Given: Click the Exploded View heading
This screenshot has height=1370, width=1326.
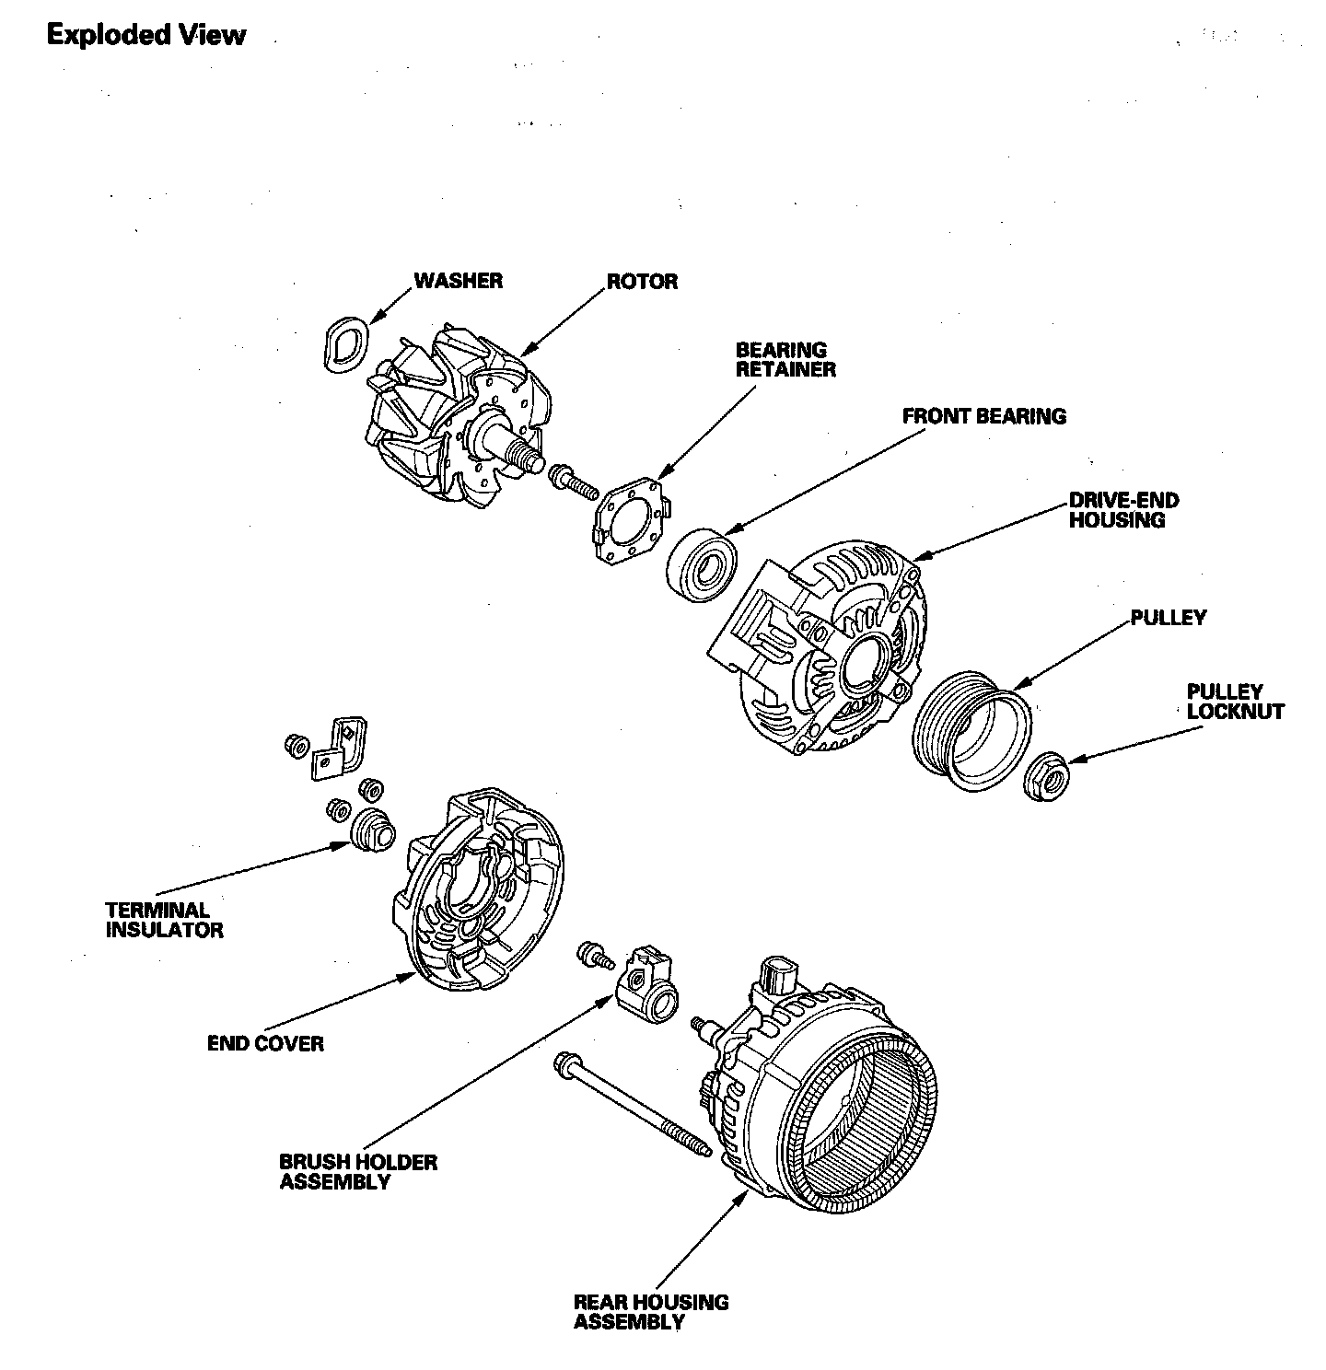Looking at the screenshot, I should tap(146, 35).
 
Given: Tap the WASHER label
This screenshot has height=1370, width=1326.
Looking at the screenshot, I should tap(458, 280).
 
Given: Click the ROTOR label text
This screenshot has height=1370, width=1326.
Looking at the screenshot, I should tap(642, 281).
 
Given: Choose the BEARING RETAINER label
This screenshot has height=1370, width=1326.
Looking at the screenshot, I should tap(785, 359).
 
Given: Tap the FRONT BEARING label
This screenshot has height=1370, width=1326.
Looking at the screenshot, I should tap(983, 416).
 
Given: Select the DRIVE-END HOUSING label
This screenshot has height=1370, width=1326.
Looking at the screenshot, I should tap(1123, 510).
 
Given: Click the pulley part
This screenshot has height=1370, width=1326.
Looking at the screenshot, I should tap(971, 731).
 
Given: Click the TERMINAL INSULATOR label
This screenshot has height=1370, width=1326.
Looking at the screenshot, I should tap(164, 920).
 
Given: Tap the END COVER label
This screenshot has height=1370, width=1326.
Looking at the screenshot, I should tap(265, 1043).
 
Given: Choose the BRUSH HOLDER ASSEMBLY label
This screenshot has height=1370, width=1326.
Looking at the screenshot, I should tap(358, 1171).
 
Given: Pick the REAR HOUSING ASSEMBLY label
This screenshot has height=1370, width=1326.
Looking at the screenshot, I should tap(650, 1311).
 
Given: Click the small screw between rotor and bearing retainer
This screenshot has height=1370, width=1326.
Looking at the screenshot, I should tap(572, 480).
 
